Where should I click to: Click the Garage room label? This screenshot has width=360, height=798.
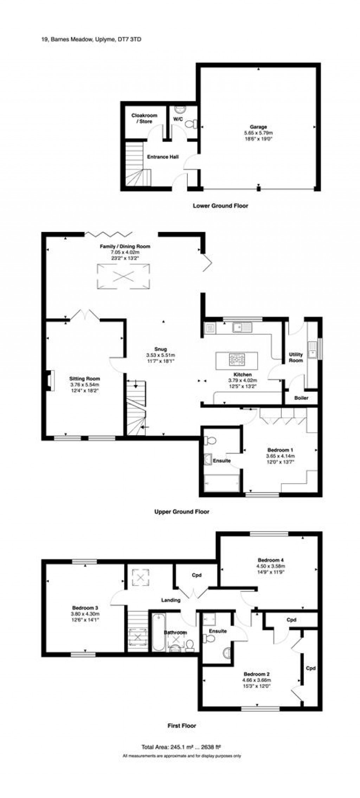click(258, 127)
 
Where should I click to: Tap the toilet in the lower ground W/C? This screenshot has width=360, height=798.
click(190, 124)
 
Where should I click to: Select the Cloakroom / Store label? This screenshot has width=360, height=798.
click(144, 118)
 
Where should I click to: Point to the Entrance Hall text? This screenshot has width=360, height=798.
click(163, 157)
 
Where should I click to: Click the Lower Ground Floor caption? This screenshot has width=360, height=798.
click(220, 206)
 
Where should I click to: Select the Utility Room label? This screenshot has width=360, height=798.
click(296, 358)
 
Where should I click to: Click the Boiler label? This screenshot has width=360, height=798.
click(301, 398)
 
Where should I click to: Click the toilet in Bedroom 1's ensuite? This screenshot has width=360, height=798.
click(211, 440)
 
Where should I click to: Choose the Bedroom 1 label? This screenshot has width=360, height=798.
click(280, 450)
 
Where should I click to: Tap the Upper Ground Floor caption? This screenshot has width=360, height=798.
click(182, 511)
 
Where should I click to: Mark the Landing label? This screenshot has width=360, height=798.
click(171, 600)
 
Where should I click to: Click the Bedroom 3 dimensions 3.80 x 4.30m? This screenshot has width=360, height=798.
click(85, 614)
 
